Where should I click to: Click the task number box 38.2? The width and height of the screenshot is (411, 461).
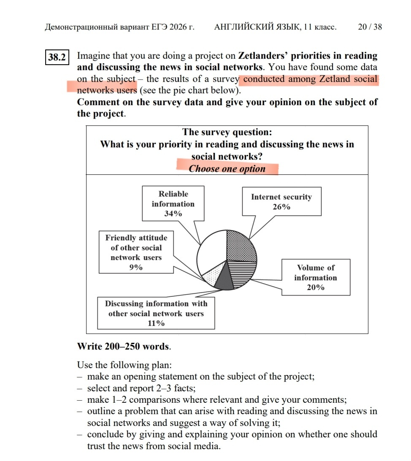tap(56, 57)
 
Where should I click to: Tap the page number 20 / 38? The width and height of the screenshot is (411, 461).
tap(370, 27)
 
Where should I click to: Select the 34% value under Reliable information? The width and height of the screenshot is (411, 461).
tap(173, 214)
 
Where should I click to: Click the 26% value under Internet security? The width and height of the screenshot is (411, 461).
tap(281, 207)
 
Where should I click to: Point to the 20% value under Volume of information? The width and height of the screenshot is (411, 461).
tap(316, 287)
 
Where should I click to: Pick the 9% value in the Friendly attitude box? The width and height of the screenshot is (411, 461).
tap(136, 267)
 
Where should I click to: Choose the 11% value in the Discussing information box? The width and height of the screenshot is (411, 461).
tap(156, 323)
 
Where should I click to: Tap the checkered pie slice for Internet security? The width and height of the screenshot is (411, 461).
tap(241, 247)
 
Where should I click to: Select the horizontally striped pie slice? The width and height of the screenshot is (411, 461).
tap(244, 273)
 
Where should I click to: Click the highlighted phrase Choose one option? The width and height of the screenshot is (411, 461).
tap(227, 169)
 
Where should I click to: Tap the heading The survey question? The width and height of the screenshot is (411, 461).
tap(227, 133)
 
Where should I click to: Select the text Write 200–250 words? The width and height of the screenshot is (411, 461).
tap(124, 347)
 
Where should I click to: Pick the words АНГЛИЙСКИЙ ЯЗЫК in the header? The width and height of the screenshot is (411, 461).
tap(256, 27)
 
